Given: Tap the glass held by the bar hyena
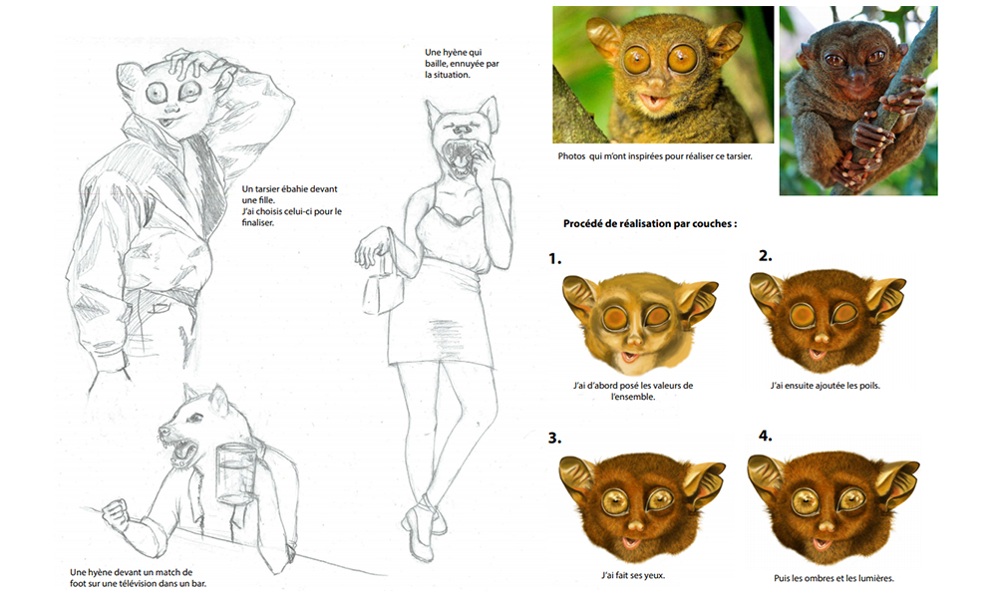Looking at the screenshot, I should coord(235,472).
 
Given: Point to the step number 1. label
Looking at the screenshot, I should coord(555,259).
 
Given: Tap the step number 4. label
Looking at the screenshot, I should coord(766,436).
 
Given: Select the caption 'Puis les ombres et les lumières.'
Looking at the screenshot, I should coord(834,578).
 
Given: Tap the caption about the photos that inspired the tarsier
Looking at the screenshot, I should coord(655,156).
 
